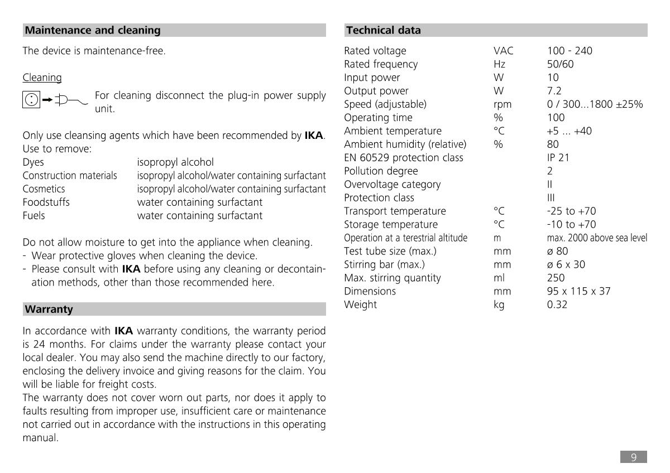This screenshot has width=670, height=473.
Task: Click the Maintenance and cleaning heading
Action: [93, 30]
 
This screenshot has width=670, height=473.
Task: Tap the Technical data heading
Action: [383, 30]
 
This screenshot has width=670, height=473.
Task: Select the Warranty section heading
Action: [49, 309]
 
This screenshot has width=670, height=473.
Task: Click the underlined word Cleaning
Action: [42, 78]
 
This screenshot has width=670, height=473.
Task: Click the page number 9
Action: [634, 457]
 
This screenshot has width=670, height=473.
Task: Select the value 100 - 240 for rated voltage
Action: [569, 51]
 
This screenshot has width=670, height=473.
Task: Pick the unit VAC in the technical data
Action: [503, 51]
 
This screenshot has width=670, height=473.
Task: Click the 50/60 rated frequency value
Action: [560, 64]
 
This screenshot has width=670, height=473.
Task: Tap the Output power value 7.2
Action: [554, 91]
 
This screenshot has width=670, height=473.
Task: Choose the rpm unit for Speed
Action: [502, 104]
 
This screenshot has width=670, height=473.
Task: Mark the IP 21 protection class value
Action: [558, 157]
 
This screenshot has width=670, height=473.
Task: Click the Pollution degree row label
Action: [381, 171]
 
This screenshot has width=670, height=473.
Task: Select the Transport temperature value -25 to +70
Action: [571, 211]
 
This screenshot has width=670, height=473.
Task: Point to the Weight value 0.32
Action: [557, 305]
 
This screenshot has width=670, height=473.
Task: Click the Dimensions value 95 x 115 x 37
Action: [578, 291]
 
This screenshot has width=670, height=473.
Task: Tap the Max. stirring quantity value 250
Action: [556, 278]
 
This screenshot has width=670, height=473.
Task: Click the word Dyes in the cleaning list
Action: [33, 162]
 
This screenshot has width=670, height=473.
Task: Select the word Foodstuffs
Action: [46, 202]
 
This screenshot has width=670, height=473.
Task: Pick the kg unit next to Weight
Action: [499, 305]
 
